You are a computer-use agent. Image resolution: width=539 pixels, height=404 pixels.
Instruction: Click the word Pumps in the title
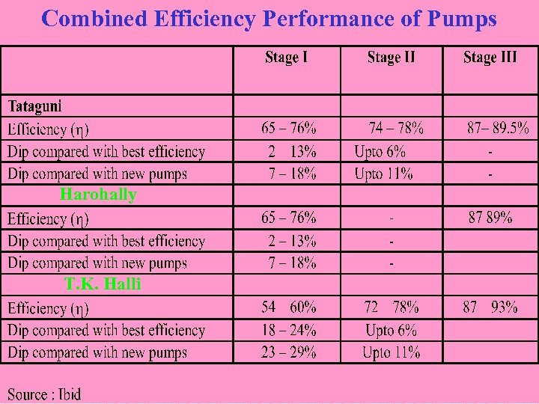coord(462,19)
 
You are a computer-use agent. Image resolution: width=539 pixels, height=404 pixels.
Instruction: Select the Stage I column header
coord(286,58)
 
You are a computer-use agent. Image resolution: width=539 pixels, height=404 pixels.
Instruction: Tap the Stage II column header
coord(391,58)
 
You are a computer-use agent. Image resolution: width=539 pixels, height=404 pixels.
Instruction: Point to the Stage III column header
coord(490,58)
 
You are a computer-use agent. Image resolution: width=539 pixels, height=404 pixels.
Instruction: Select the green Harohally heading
coord(98,195)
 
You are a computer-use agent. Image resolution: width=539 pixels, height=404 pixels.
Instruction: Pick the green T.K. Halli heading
coord(103,284)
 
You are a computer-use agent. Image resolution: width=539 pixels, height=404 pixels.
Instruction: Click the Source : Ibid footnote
coord(44,394)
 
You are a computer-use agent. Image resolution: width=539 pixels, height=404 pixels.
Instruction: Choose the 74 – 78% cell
coord(396,128)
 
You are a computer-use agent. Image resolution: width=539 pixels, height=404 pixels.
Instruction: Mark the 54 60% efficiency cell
coord(288,307)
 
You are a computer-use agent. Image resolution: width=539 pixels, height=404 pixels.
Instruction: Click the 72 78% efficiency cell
coord(391,307)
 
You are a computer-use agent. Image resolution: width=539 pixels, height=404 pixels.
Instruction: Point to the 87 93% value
coord(490,307)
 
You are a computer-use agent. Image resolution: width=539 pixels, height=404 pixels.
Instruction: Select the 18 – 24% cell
coord(288,330)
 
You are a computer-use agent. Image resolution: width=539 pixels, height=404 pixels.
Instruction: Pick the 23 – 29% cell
coord(288,352)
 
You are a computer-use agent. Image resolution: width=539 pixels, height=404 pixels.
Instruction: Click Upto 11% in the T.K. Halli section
coord(391,352)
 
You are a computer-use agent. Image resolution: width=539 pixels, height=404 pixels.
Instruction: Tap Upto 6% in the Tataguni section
coord(380,151)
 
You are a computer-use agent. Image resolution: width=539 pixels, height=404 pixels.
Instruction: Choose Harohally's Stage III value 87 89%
coord(490,218)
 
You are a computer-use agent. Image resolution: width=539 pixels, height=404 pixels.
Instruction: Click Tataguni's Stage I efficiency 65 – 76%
coord(288,128)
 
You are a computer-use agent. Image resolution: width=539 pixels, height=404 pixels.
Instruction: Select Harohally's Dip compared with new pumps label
coord(97,263)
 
